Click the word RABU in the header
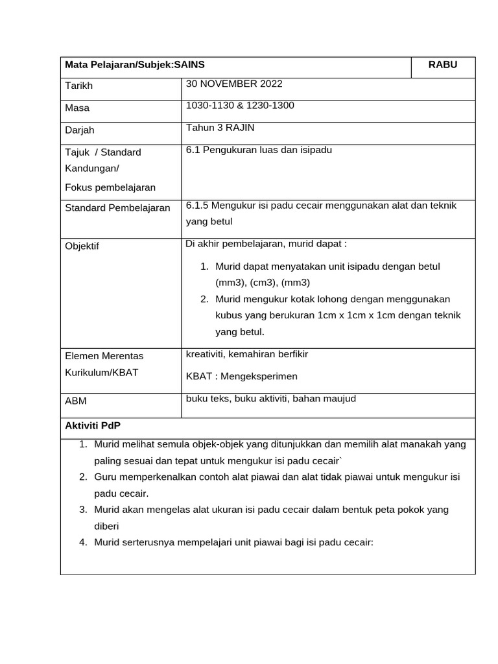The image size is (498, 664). click(x=443, y=65)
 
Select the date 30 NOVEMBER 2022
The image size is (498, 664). click(x=234, y=84)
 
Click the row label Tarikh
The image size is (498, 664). click(x=80, y=86)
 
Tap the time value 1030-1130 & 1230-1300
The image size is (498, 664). click(x=240, y=105)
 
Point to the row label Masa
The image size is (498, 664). click(x=78, y=108)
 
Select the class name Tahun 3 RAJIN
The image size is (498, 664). click(x=220, y=128)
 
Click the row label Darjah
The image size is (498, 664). click(x=80, y=130)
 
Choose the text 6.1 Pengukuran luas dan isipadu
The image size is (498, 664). click(x=259, y=150)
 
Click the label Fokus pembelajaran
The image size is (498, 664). click(x=110, y=187)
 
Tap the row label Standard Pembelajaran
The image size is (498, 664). click(x=117, y=207)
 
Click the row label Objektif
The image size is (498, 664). click(x=83, y=246)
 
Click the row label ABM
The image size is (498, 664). click(x=76, y=401)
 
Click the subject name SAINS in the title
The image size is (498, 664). click(x=190, y=65)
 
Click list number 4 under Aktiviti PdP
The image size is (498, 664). click(x=83, y=542)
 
